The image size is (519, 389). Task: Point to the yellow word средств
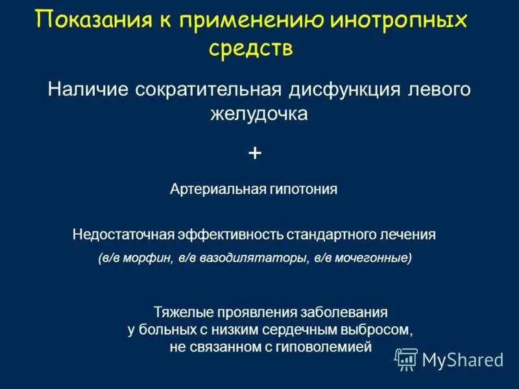(251, 49)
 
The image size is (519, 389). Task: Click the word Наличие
(87, 89)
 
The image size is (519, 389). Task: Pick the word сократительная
(207, 89)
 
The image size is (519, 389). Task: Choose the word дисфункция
(337, 89)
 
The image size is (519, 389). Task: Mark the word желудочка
(258, 114)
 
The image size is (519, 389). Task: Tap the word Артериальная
(217, 189)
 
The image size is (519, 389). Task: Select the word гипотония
(302, 189)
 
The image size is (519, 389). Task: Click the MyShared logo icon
(406, 359)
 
